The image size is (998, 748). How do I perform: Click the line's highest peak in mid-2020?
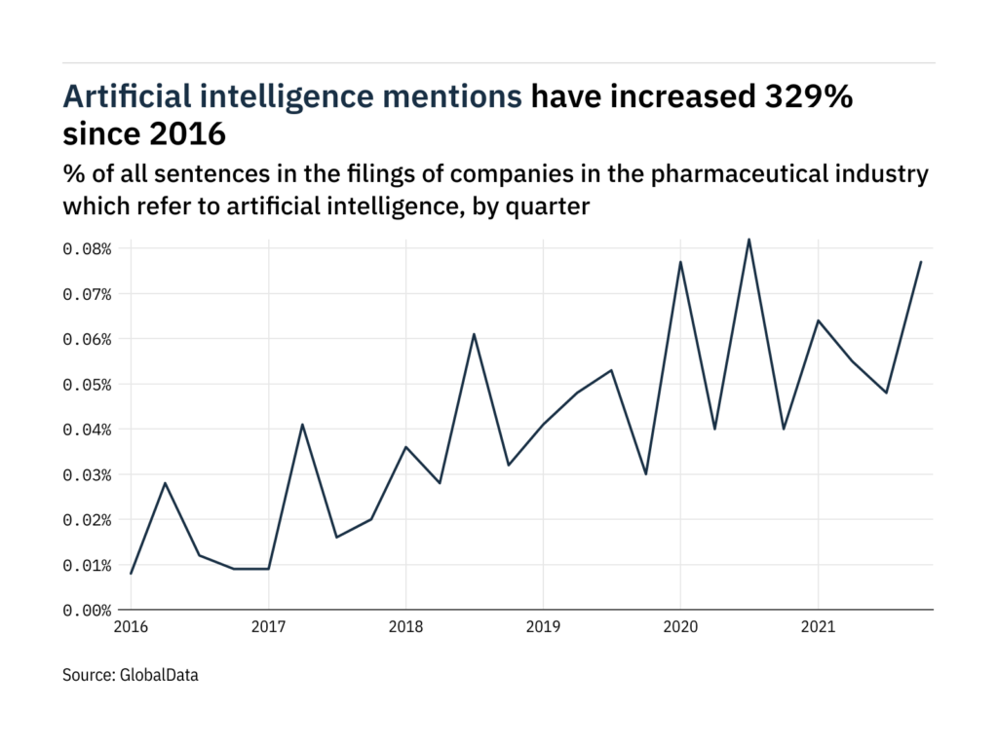748,240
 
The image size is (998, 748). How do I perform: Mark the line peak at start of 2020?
680,262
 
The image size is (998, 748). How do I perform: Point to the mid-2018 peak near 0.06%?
474,334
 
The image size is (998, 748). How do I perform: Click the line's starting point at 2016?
131,574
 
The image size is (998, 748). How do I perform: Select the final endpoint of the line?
921,262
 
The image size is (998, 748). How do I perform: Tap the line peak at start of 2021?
818,320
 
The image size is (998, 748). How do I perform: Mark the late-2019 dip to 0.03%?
646,474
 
